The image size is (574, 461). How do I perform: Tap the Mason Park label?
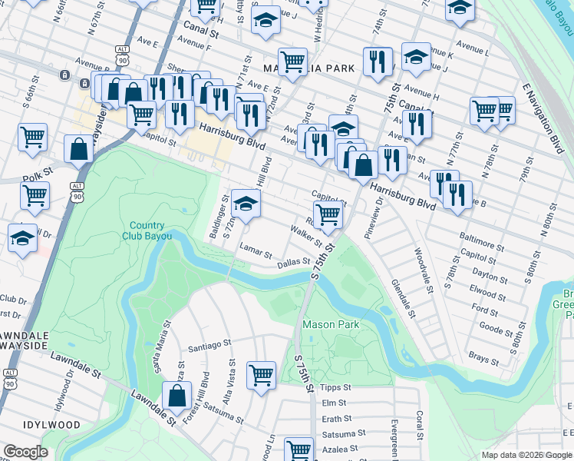331,324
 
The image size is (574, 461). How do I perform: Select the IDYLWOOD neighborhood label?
51,424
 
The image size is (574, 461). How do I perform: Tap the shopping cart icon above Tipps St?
261,376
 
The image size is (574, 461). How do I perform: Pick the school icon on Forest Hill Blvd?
246,205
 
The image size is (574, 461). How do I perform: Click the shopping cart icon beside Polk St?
35,196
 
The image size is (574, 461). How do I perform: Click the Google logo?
25,452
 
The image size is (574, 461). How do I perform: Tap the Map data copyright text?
526,455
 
